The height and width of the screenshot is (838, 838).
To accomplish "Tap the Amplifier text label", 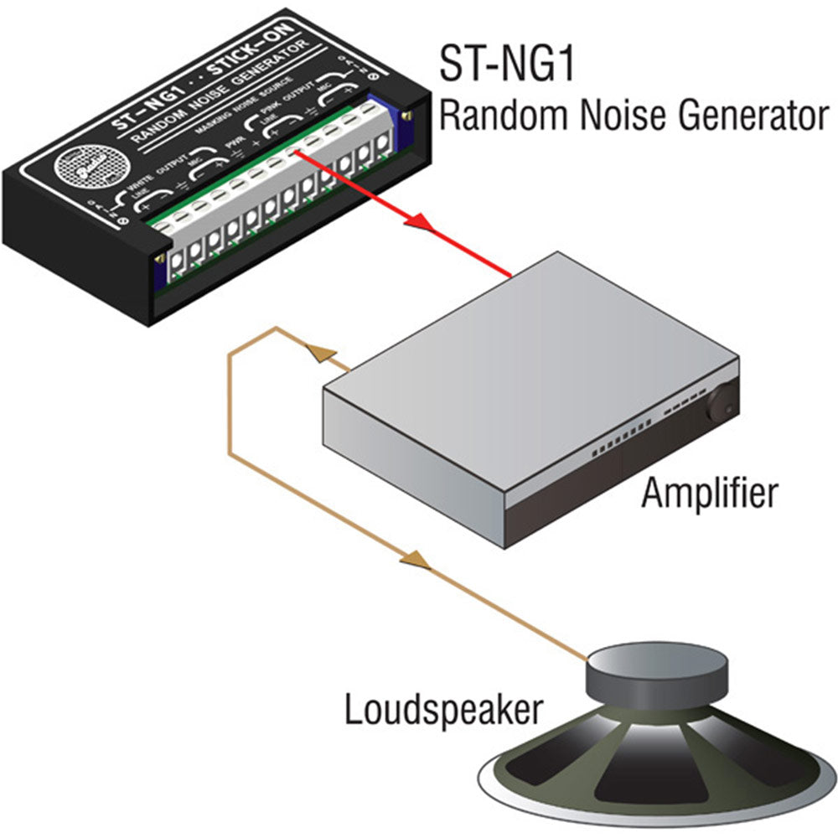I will pos(709,494).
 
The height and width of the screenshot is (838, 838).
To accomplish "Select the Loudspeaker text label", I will pos(442,711).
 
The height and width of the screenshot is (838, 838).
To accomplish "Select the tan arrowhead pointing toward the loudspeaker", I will pos(414,559).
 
